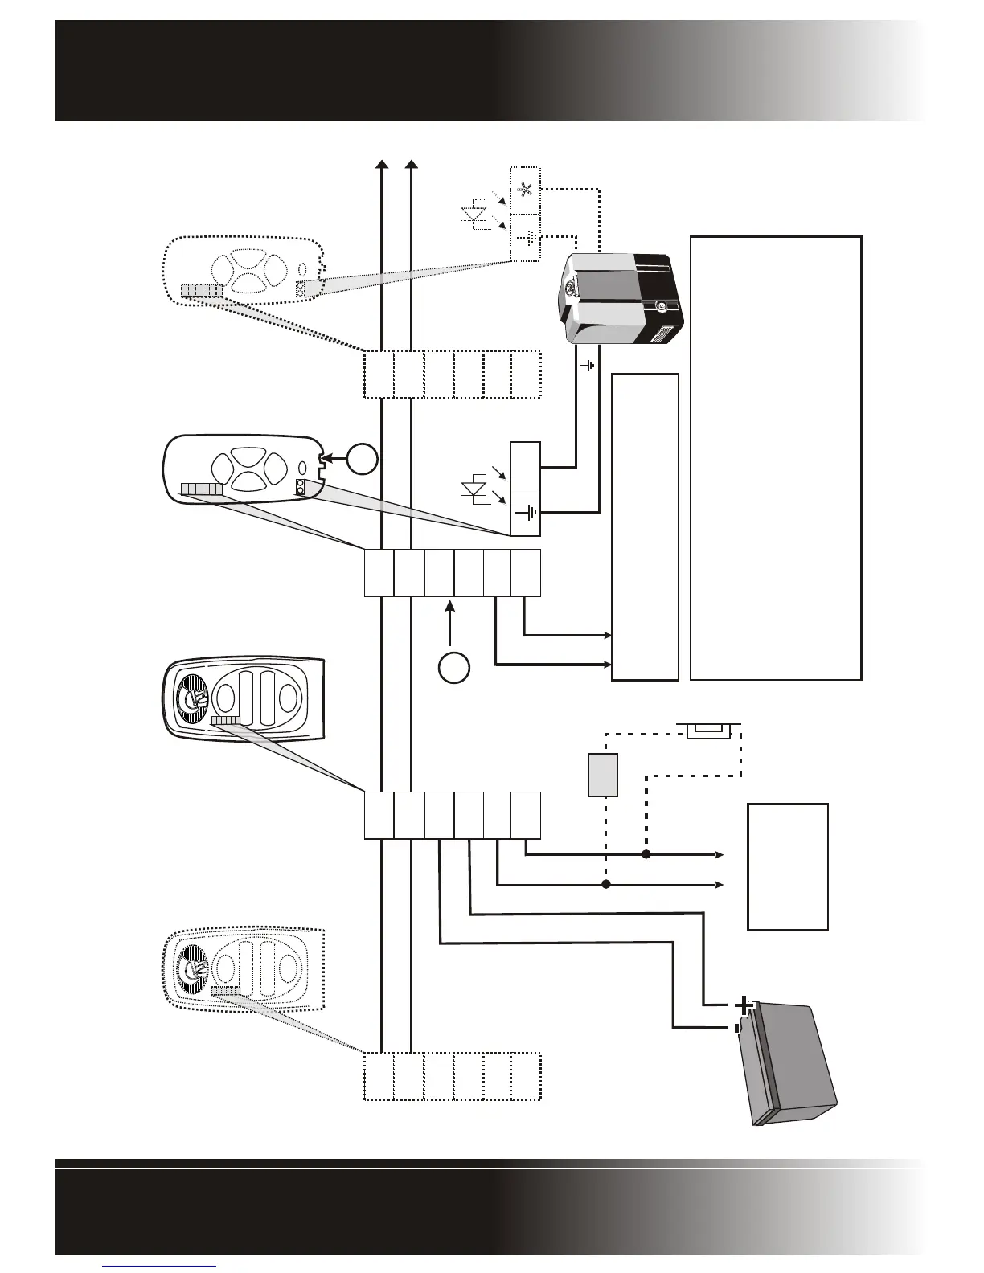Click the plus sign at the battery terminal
click(x=744, y=1005)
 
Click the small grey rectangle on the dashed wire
click(x=602, y=775)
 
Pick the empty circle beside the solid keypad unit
click(x=362, y=459)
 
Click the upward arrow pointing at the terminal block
click(x=449, y=623)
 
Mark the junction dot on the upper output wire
click(x=646, y=854)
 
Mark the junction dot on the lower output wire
click(x=606, y=885)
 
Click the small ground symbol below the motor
click(x=589, y=365)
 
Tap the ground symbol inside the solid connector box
click(x=527, y=512)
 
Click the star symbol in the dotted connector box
click(x=527, y=190)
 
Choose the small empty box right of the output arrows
click(x=788, y=866)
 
